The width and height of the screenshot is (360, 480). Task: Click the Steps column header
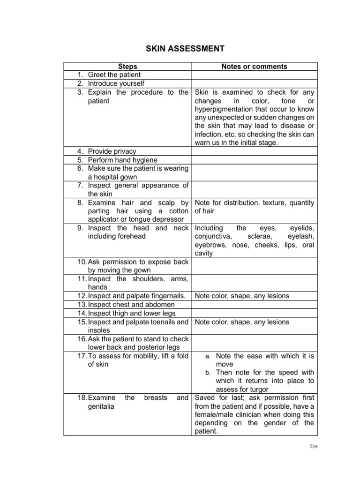click(127, 67)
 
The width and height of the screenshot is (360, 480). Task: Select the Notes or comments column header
click(254, 67)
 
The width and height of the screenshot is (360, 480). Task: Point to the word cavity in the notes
click(203, 253)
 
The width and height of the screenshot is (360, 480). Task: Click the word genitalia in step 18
click(103, 406)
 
